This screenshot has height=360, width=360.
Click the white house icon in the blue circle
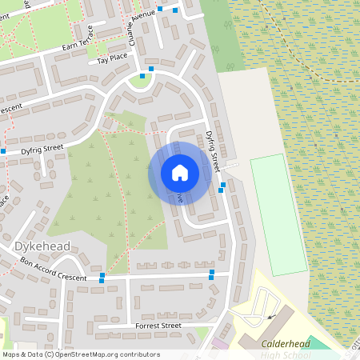click(x=179, y=172)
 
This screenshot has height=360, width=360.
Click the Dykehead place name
click(x=42, y=246)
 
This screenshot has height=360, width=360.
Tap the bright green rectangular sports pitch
click(x=278, y=214)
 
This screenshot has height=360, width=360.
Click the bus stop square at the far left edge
click(x=3, y=150)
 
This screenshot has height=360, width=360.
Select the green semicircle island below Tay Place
click(x=141, y=81)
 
